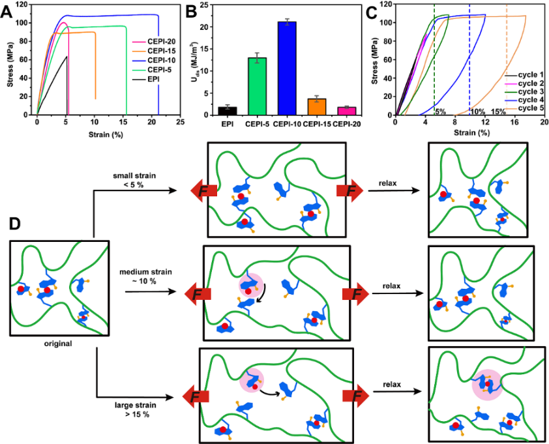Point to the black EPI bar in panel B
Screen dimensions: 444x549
[x=228, y=111]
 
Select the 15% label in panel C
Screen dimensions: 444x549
[x=499, y=111]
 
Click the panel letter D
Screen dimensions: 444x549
[x=17, y=223]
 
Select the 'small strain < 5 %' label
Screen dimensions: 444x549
[x=137, y=181]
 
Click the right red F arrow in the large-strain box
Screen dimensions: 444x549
[x=353, y=395]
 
